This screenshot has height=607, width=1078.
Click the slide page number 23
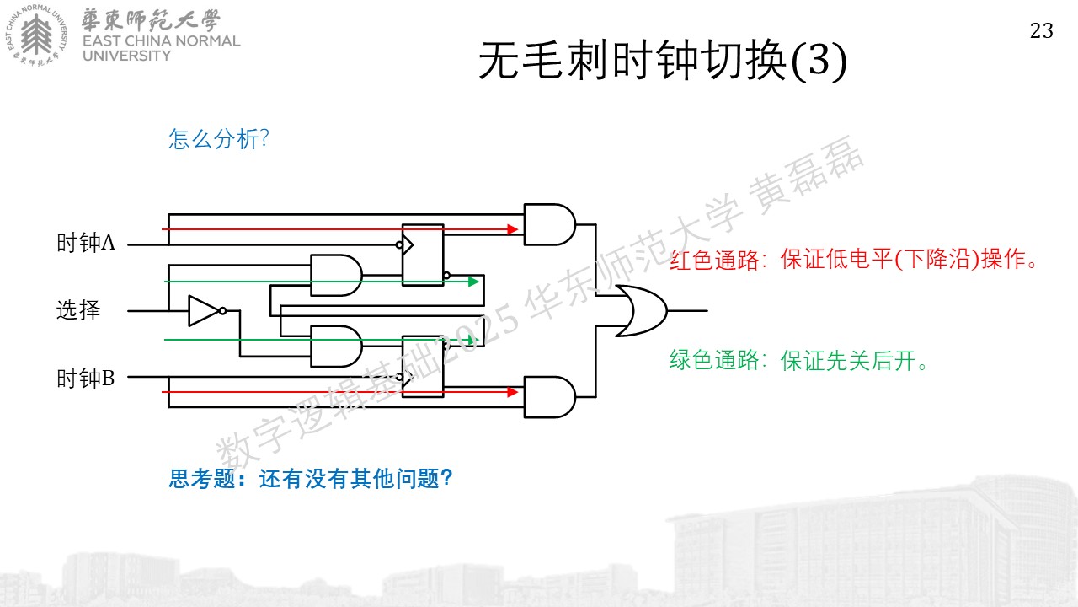[x=1042, y=31]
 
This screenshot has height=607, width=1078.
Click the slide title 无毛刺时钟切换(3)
[x=663, y=61]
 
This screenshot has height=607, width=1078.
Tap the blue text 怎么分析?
[x=218, y=139]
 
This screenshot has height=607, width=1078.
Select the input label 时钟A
[x=86, y=242]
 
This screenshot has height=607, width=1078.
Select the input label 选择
[x=78, y=309]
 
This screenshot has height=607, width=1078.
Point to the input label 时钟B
[x=86, y=379]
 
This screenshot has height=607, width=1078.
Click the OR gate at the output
[x=641, y=311]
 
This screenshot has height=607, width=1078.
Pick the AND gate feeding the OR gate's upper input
[x=549, y=224]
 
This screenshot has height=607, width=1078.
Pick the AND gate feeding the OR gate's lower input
[x=549, y=397]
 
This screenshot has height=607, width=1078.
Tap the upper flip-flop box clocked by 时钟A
[x=423, y=255]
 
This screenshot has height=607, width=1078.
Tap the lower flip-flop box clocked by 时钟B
[x=423, y=367]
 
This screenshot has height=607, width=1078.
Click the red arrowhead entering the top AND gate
[x=513, y=229]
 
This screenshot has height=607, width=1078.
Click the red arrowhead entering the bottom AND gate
[x=513, y=392]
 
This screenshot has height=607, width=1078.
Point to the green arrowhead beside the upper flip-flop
[x=473, y=282]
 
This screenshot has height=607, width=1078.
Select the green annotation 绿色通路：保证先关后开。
[x=798, y=360]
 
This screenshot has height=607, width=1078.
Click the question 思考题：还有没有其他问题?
[x=311, y=479]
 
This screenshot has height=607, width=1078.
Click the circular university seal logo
[x=36, y=35]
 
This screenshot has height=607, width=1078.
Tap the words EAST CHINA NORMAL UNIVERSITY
[x=161, y=48]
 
